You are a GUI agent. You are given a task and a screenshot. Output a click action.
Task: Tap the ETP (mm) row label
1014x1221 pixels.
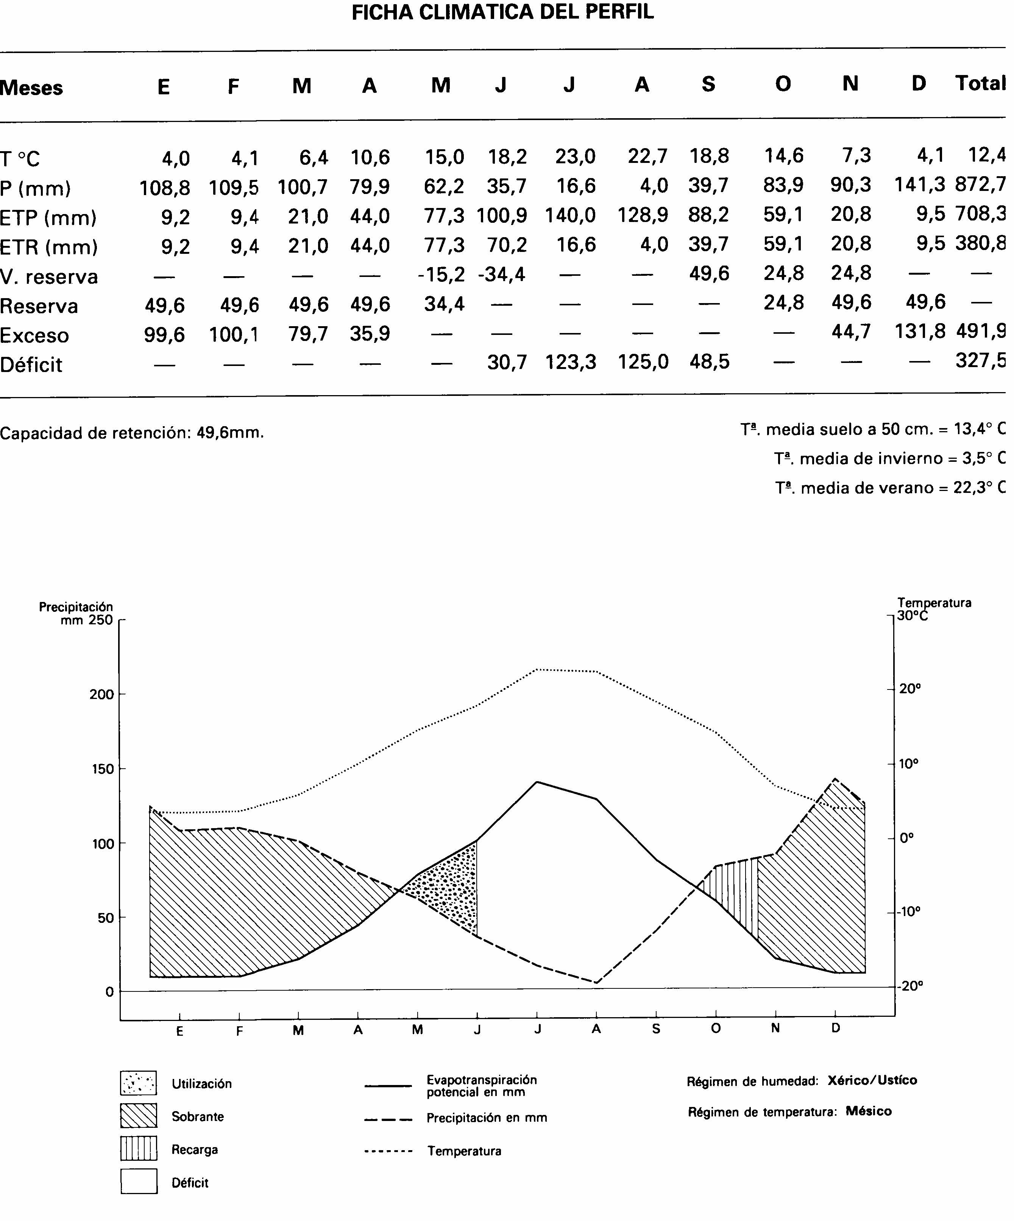[48, 218]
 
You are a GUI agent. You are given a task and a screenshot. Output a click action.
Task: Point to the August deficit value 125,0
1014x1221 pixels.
[643, 362]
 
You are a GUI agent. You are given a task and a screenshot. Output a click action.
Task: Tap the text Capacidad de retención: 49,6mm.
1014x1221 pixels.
[132, 433]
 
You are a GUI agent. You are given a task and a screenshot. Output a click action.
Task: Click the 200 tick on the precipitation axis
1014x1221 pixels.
[102, 694]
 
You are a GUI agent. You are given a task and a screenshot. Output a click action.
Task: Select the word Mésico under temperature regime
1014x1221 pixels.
[868, 1111]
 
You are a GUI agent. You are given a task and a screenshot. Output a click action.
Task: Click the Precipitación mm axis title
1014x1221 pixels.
[76, 613]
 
